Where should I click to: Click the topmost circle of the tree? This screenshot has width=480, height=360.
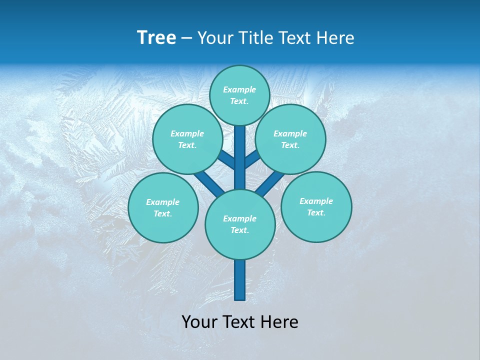click(x=239, y=95)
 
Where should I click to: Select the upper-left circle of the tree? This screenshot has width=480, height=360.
click(x=187, y=139)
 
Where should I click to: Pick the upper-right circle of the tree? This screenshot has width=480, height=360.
click(x=290, y=139)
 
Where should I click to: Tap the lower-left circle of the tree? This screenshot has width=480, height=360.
click(x=163, y=207)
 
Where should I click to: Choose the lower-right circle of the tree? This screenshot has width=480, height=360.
click(x=316, y=206)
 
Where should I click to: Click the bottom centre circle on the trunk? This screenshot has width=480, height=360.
click(x=240, y=224)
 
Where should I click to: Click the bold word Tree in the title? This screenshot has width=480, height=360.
click(x=156, y=37)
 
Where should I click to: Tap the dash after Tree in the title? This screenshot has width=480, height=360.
click(x=186, y=38)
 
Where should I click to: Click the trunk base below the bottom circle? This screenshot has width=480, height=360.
click(x=240, y=280)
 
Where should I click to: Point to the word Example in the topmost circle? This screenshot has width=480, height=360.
click(x=239, y=89)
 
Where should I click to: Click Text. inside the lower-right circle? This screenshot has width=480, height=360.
click(x=316, y=212)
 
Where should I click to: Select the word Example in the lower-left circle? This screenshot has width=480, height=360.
click(x=162, y=202)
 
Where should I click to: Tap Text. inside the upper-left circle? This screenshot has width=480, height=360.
click(x=187, y=145)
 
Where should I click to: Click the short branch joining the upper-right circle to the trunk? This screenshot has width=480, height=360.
click(x=252, y=159)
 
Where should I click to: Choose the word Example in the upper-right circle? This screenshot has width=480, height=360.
click(x=290, y=133)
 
